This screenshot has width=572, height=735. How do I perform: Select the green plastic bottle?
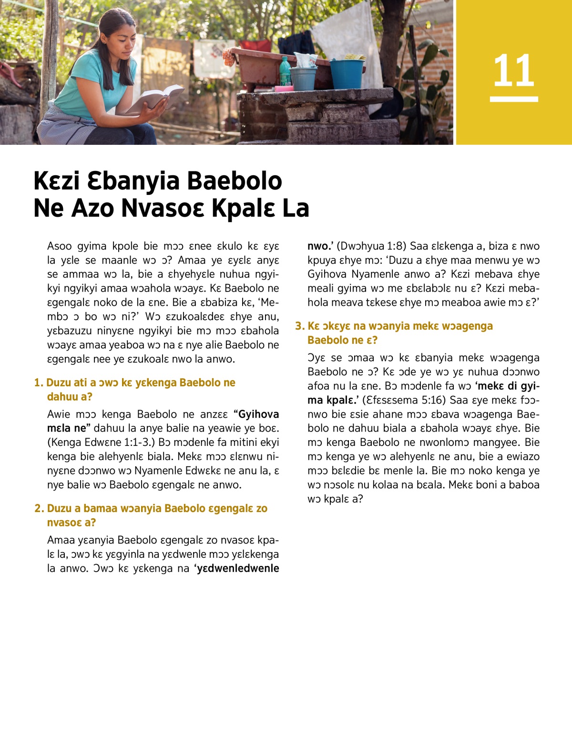click(285, 71)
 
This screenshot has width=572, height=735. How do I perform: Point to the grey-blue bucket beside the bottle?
click(304, 78)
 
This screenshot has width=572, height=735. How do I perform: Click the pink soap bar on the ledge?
click(284, 89)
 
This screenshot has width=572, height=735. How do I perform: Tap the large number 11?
click(513, 70)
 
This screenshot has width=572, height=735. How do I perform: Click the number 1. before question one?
click(39, 383)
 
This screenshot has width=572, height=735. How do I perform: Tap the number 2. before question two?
click(39, 508)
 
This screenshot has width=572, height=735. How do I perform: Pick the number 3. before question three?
click(299, 326)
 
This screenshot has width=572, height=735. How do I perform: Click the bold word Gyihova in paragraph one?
click(258, 414)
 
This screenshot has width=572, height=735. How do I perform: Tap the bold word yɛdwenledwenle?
click(238, 568)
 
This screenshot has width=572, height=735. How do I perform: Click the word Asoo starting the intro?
click(60, 246)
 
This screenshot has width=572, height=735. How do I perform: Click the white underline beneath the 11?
click(514, 99)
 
